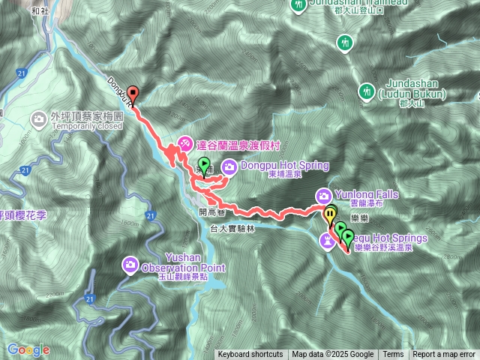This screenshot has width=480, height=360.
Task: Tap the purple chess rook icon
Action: pos(328,240)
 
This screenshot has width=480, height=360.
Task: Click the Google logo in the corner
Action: pos(28,349)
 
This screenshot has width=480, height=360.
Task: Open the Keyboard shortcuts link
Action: pos(250,355)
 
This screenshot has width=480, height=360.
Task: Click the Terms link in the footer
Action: pos(393,355)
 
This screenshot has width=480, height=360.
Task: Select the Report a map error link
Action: pos(444,355)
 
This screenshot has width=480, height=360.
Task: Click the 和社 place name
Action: pos(40,12)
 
